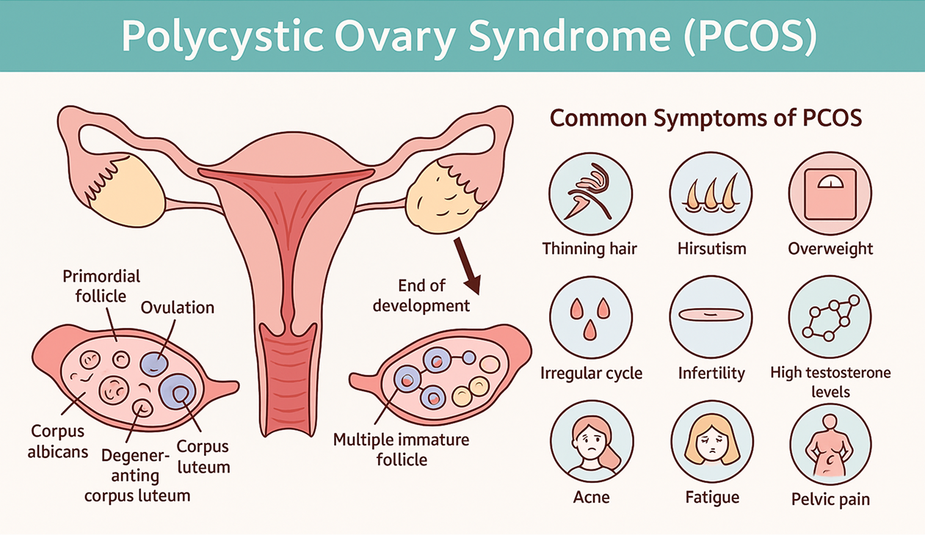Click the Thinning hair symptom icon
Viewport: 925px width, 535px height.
[590, 194]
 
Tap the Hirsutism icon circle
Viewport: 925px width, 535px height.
[711, 194]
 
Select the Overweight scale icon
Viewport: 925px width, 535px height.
[830, 194]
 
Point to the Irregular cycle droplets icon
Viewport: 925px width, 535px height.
[590, 317]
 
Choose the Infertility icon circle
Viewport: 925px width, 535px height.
[711, 317]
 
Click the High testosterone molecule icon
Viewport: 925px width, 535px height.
[830, 317]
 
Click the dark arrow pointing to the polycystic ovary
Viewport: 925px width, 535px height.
[466, 264]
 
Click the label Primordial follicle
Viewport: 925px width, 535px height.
[101, 286]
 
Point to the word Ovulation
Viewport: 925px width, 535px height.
[178, 307]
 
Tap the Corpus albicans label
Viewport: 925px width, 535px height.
[57, 441]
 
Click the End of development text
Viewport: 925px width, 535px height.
[421, 295]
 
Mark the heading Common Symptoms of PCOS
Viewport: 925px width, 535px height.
[705, 118]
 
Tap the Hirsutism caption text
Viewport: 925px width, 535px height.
[711, 248]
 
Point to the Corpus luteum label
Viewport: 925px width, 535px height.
[203, 456]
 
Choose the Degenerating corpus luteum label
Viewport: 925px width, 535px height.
[137, 476]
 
